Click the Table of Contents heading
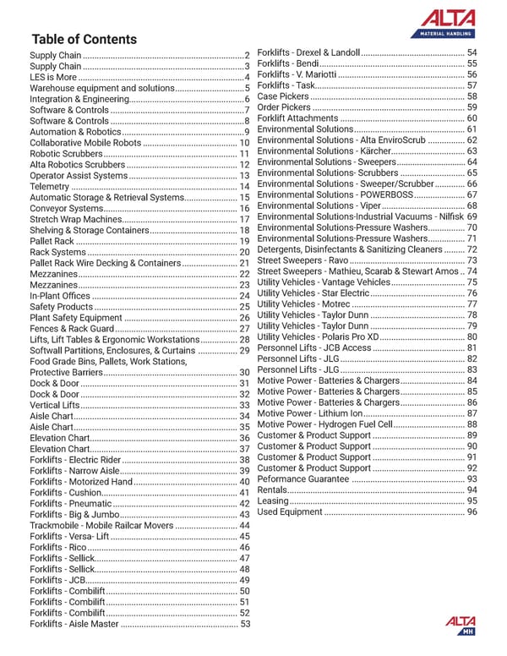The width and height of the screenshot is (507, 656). click(x=83, y=39)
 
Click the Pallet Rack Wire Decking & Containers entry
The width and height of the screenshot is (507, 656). click(x=105, y=264)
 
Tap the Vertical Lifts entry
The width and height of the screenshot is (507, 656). click(x=54, y=406)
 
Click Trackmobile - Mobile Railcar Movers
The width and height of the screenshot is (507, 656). click(x=102, y=525)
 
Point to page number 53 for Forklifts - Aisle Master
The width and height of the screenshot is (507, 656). click(x=245, y=625)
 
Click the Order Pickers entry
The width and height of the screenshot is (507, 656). click(x=284, y=107)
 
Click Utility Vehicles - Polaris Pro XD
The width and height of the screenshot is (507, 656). click(x=319, y=337)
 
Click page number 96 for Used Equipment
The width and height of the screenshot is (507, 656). click(x=472, y=512)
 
